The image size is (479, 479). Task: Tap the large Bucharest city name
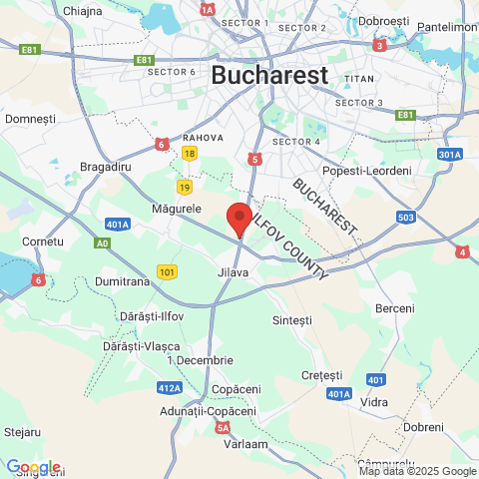pyautogui.click(x=269, y=75)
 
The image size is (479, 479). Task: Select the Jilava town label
pyautogui.click(x=233, y=271)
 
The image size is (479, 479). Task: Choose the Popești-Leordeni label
pyautogui.click(x=367, y=172)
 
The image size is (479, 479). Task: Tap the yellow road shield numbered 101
pyautogui.click(x=167, y=271)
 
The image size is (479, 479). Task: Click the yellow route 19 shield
pyautogui.click(x=184, y=187)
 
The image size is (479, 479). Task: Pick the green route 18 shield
pyautogui.click(x=190, y=153)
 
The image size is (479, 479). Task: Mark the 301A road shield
pyautogui.click(x=449, y=155)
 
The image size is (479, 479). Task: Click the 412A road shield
pyautogui.click(x=169, y=387)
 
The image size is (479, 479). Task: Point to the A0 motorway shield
pyautogui.click(x=102, y=242)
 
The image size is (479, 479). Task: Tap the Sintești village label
pyautogui.click(x=292, y=319)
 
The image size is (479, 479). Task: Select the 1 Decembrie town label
pyautogui.click(x=200, y=359)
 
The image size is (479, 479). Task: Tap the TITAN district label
pyautogui.click(x=358, y=78)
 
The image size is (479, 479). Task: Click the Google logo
pyautogui.click(x=33, y=467)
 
